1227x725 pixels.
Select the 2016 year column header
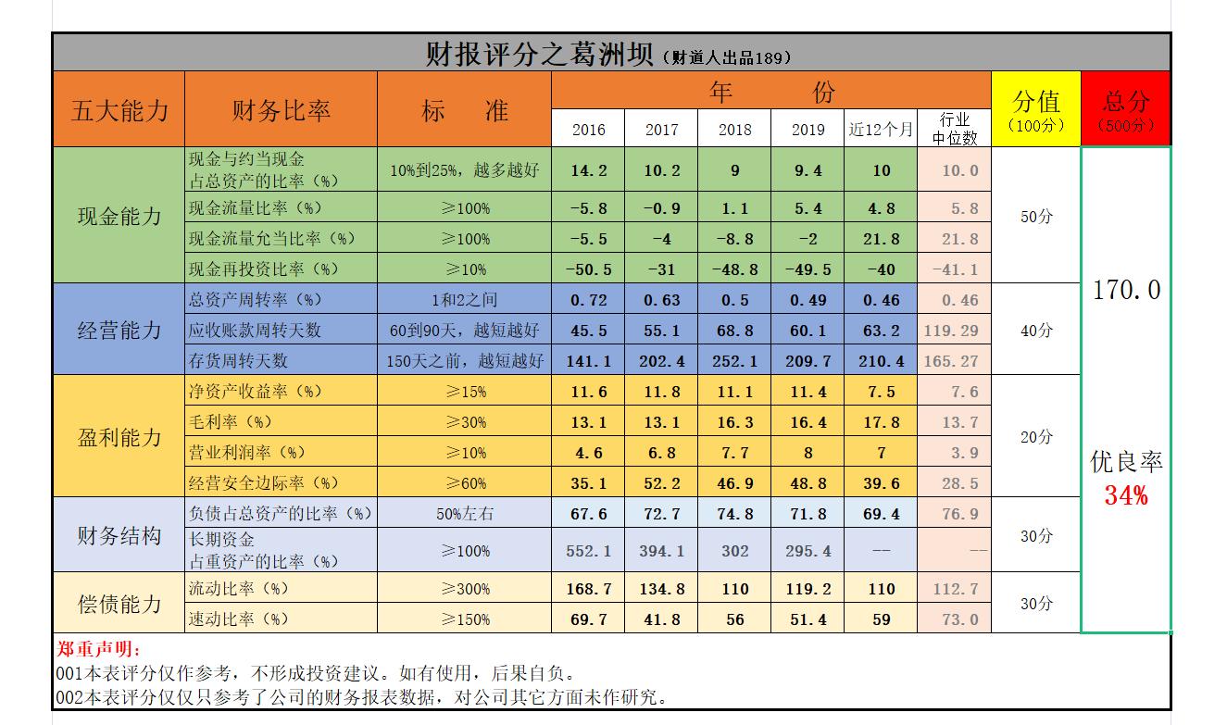[589, 130]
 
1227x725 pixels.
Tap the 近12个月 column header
[881, 130]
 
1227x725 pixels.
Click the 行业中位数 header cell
[954, 129]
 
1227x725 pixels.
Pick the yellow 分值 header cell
[1035, 109]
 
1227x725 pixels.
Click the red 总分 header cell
[1125, 109]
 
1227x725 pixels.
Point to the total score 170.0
[1125, 291]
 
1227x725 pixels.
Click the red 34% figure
[1125, 496]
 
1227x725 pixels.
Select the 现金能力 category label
[119, 217]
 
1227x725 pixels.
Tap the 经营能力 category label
[119, 330]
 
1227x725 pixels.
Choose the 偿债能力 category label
[119, 604]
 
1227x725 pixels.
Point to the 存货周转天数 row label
[238, 360]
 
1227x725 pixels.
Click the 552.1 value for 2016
[589, 551]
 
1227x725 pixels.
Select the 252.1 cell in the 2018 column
[735, 361]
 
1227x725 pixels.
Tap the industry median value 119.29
[954, 331]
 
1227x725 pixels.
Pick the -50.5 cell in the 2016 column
[589, 269]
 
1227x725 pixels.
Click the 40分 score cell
[1035, 330]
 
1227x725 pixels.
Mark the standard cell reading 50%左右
[465, 514]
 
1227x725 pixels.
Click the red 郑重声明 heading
[94, 650]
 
